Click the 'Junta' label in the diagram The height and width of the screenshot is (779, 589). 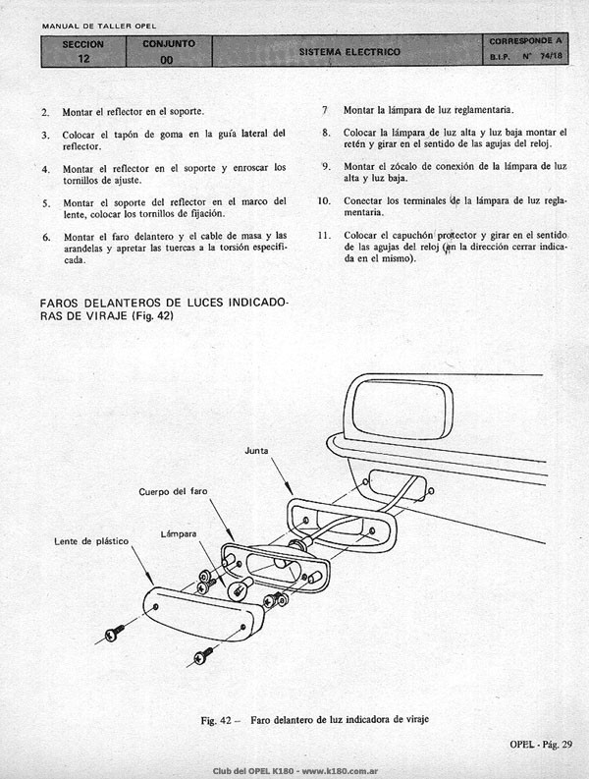click(256, 451)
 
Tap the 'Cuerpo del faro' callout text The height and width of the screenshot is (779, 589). click(173, 492)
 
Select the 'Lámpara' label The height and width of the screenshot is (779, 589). click(179, 534)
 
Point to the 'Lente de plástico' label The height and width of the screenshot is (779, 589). click(91, 541)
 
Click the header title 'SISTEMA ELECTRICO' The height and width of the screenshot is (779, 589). click(349, 52)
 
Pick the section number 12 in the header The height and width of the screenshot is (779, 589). click(83, 59)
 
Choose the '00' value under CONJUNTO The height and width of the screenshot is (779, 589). click(167, 60)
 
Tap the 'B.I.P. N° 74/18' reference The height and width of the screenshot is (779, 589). click(526, 56)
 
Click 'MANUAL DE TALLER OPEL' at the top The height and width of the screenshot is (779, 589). click(99, 26)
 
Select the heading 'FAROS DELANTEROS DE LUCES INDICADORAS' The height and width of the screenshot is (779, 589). click(164, 309)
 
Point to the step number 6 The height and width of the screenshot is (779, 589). click(46, 237)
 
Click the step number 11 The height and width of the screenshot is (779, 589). click(324, 235)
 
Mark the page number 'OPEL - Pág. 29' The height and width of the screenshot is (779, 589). click(541, 744)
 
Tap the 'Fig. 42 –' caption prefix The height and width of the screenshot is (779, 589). click(221, 720)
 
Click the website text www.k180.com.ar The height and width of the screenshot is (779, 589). click(341, 771)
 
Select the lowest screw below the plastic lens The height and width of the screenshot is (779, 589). click(203, 656)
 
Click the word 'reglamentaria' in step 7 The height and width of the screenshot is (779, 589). click(483, 110)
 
